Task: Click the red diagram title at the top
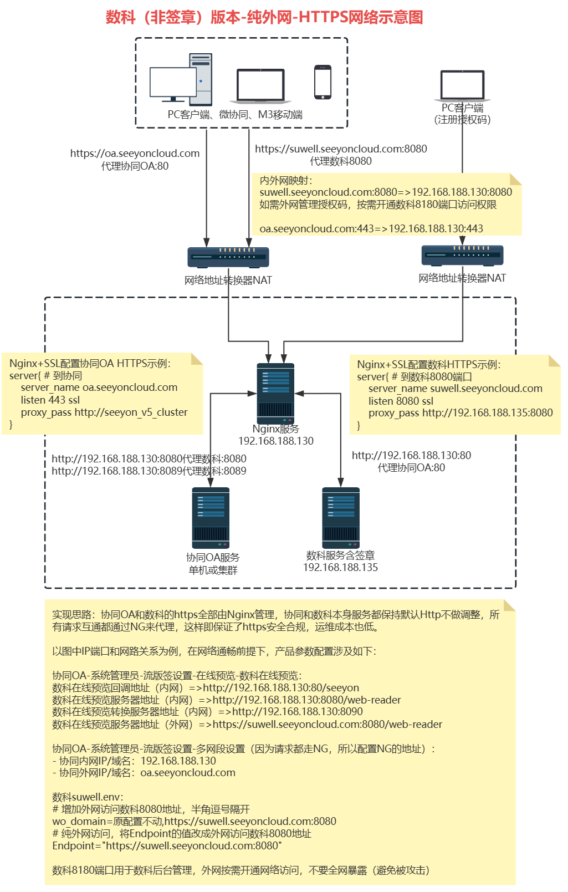coord(264,17)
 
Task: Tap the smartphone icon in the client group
coord(323,82)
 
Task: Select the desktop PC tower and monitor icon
coord(181,80)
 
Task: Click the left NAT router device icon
coord(228,257)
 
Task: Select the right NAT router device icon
coord(462,255)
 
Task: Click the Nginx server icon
coord(275,393)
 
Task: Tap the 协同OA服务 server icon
coord(211,518)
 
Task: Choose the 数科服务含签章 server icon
coord(341,518)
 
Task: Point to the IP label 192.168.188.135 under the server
coord(340,568)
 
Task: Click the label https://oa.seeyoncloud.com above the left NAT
coord(135,154)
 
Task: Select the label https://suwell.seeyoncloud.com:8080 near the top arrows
coord(341,149)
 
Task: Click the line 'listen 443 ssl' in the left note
coord(50,400)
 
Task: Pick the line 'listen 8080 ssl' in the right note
coord(401,401)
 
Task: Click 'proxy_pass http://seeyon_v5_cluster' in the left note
coord(104,412)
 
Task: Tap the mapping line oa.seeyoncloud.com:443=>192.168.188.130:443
coord(371,228)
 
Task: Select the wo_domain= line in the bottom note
coord(194,821)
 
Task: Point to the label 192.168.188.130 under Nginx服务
coord(276,441)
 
